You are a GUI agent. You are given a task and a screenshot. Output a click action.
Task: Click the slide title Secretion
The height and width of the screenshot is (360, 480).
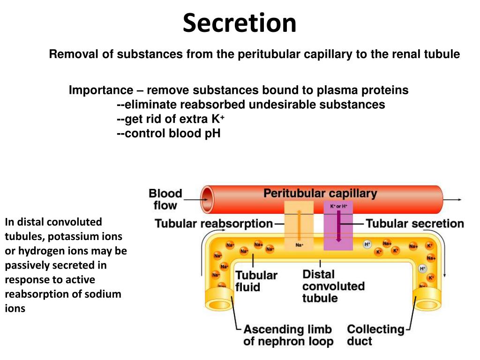pos(240,23)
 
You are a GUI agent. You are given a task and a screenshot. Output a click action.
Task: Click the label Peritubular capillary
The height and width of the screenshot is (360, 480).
pos(320,193)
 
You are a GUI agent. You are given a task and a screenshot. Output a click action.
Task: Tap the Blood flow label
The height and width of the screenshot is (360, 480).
pos(165,199)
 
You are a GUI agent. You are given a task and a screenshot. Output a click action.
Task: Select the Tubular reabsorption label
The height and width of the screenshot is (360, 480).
pos(214,224)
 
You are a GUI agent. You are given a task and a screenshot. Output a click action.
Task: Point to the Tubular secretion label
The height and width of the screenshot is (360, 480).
pos(415,224)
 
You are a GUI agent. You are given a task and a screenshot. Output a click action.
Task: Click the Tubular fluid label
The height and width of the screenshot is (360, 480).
pos(256,281)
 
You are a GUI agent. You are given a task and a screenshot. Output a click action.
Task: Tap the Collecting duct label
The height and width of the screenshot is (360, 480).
pos(375,335)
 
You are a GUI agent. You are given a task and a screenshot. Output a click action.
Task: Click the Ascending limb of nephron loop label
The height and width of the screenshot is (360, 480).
pos(288,335)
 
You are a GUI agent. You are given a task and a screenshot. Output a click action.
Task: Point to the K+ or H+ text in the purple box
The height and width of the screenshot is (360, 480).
pos(338,206)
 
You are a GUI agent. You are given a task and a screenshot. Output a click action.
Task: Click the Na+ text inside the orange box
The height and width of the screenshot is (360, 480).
pos(299,245)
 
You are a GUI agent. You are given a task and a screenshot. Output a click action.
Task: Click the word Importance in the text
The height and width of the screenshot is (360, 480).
pos(101,90)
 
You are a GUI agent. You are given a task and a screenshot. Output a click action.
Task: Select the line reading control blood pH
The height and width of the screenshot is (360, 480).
pos(168,133)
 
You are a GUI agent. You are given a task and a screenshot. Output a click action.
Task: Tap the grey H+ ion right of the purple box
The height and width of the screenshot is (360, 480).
pos(367,244)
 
